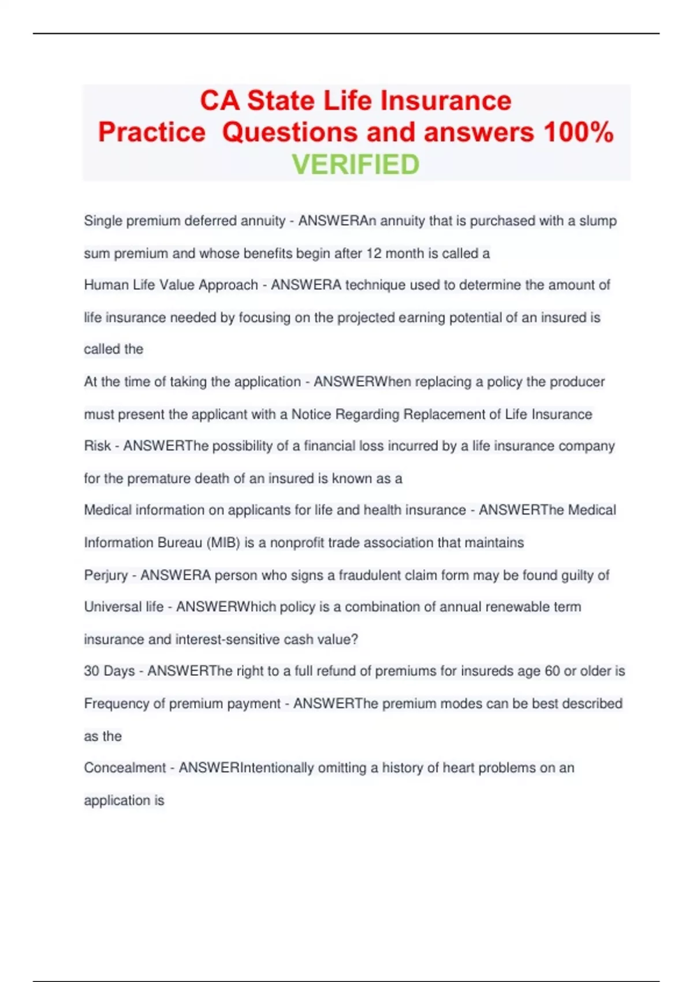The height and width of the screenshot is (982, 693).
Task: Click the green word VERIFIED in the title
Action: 355,165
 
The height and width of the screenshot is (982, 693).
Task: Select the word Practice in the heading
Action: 151,132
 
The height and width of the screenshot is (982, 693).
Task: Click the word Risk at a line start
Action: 97,446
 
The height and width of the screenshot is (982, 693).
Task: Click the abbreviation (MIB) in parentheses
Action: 222,543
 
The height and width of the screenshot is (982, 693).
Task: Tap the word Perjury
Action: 106,575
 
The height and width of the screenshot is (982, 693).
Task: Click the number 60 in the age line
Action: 552,671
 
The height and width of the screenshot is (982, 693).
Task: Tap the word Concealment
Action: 125,768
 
